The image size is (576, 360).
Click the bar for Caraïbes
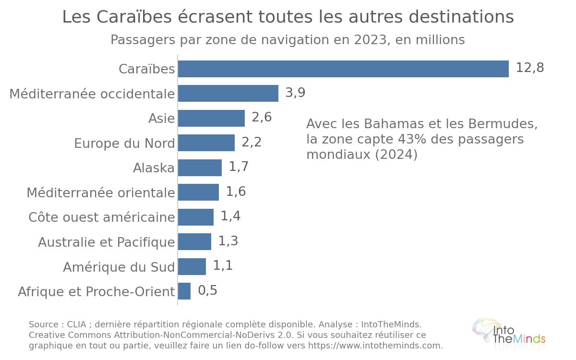point(343,69)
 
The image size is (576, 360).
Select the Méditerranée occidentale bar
point(228,93)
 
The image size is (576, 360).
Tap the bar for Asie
point(211,118)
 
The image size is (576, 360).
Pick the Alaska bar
point(200,168)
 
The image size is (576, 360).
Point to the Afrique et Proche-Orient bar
point(184,291)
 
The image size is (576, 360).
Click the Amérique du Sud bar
point(192,267)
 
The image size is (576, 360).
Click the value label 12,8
point(530,68)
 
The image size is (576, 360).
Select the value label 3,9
point(295,92)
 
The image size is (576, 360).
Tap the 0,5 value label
point(207,290)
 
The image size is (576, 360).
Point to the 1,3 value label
point(228,240)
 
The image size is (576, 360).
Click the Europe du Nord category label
point(124,143)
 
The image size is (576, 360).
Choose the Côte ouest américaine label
point(102,217)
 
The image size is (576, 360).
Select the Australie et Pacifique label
point(107,242)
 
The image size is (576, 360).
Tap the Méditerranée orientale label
point(101,192)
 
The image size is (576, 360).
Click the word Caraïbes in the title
point(134,17)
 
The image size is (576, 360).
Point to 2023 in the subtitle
point(370,40)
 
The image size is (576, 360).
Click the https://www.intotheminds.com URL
point(375,346)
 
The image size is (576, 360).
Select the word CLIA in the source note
point(76,324)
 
